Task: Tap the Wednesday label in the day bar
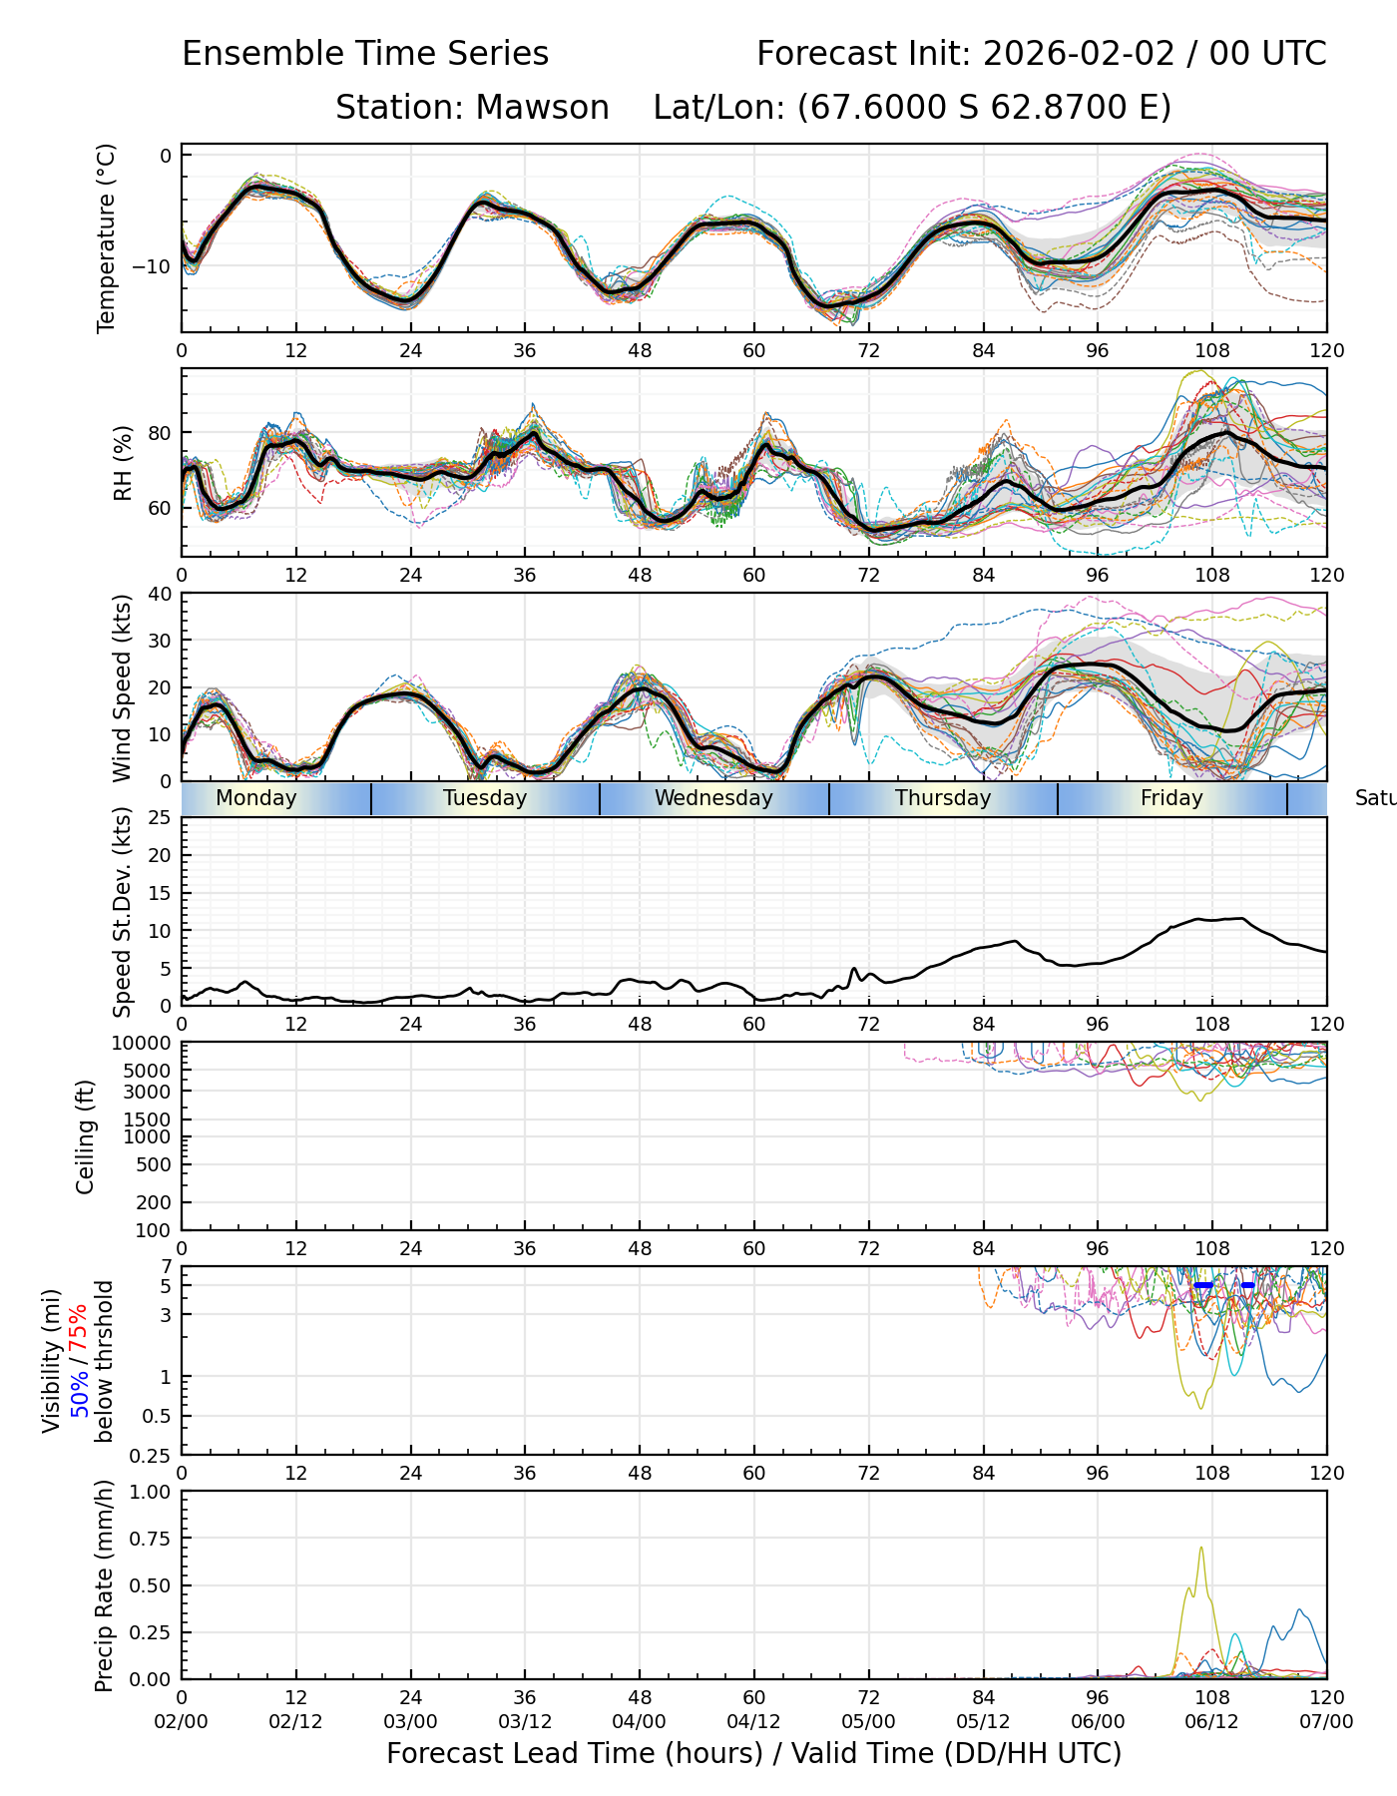[713, 798]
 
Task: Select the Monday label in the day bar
[255, 798]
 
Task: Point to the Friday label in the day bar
[1171, 798]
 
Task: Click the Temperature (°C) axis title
[107, 237]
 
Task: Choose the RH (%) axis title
[123, 463]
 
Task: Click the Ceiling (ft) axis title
[86, 1136]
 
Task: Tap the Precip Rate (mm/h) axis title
[105, 1584]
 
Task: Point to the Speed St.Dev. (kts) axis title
[123, 911]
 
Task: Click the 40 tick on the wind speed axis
[160, 594]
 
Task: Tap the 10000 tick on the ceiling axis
[142, 1044]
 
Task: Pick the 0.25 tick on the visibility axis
[153, 1455]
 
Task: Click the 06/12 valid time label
[1211, 1722]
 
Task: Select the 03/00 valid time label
[410, 1722]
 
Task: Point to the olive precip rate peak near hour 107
[1201, 1549]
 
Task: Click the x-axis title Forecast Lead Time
[753, 1754]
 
